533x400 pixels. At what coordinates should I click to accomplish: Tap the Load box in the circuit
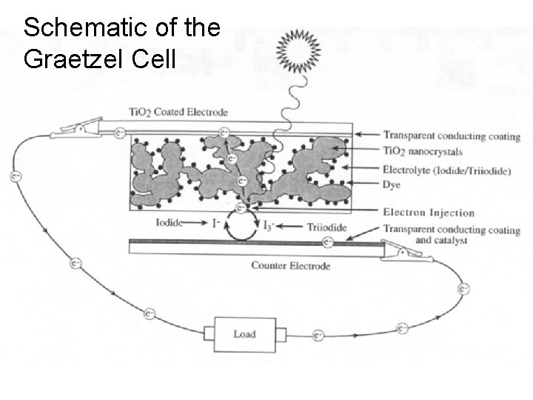coord(244,334)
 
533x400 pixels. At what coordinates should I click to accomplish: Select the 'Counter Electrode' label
coord(290,265)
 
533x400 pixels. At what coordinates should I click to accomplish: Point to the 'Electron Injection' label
coord(429,213)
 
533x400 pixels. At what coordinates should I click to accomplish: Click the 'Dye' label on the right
coord(392,184)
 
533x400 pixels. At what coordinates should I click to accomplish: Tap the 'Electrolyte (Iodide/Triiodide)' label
coord(446,170)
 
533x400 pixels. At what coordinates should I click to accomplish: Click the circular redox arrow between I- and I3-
coord(242,224)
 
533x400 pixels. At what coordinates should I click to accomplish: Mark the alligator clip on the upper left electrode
coord(73,132)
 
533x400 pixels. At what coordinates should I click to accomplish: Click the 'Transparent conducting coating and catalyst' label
coord(451,235)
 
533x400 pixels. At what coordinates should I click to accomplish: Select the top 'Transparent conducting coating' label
coord(452,136)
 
